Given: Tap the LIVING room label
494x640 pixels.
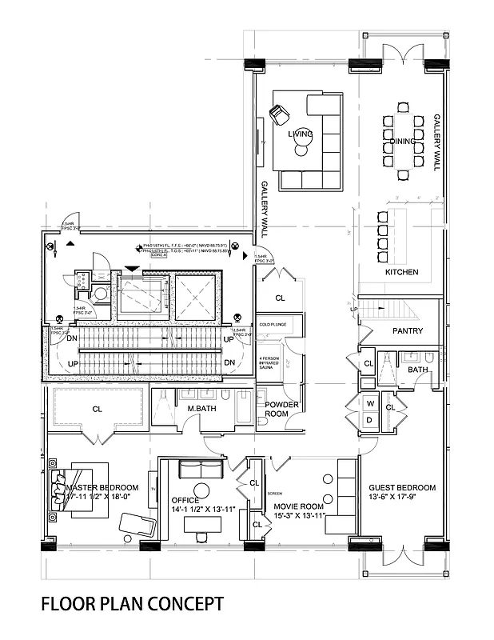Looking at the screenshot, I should [x=301, y=134].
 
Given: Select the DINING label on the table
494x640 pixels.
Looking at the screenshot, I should [x=404, y=142].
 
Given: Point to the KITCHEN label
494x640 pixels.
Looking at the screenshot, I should [x=401, y=272].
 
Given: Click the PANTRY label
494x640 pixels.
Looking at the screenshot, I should [x=408, y=330].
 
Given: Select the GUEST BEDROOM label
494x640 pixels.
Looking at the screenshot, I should [x=401, y=488].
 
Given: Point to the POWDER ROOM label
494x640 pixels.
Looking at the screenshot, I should [x=281, y=409].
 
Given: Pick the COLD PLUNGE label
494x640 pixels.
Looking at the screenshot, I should [x=272, y=324].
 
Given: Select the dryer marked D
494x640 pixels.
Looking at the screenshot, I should [x=369, y=420].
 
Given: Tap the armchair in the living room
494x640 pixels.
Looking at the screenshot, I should [x=281, y=114].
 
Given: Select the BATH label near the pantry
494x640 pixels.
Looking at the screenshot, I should [x=416, y=370].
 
